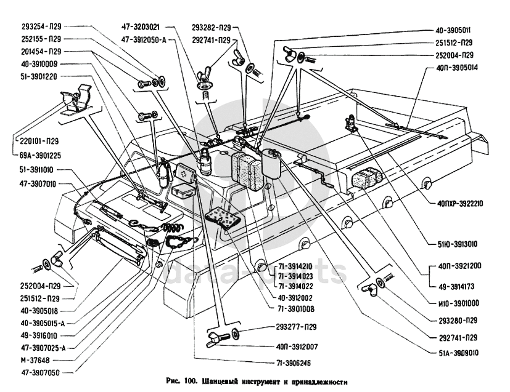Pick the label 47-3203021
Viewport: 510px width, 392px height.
[141, 27]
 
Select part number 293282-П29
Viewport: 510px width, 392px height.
[212, 28]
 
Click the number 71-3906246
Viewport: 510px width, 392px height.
[295, 364]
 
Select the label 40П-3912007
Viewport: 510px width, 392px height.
[297, 346]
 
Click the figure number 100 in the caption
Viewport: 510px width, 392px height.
[192, 382]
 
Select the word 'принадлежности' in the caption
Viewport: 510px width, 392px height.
[322, 382]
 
